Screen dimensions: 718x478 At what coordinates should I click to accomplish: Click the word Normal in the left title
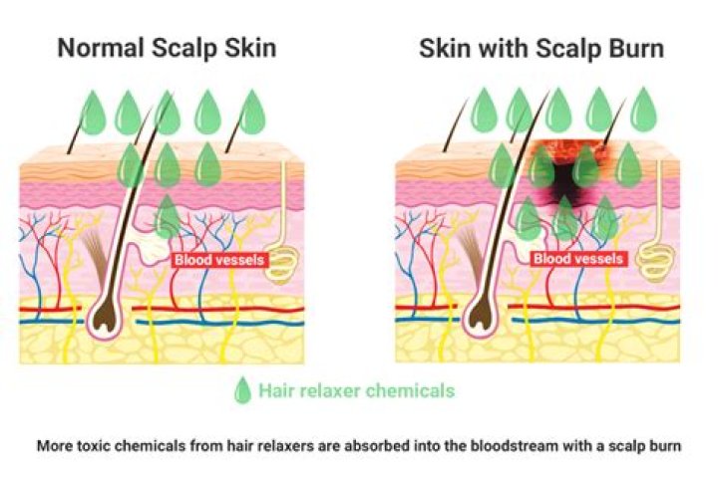[x=101, y=48]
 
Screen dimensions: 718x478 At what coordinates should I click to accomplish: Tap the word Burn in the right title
[x=634, y=49]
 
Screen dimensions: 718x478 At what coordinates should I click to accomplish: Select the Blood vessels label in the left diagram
[x=219, y=260]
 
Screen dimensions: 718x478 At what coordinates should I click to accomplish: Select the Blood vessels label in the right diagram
[x=577, y=259]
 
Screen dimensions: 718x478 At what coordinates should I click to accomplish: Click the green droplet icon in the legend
[x=242, y=390]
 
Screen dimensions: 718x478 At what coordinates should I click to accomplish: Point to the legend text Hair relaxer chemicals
[x=357, y=390]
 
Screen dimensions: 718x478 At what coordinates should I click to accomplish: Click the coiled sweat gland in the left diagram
[x=282, y=264]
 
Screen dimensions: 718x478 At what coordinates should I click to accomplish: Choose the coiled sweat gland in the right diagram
[x=657, y=262]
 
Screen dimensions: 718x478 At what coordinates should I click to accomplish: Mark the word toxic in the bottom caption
[x=94, y=446]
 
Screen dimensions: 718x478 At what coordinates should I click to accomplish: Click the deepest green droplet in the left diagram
[x=168, y=216]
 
